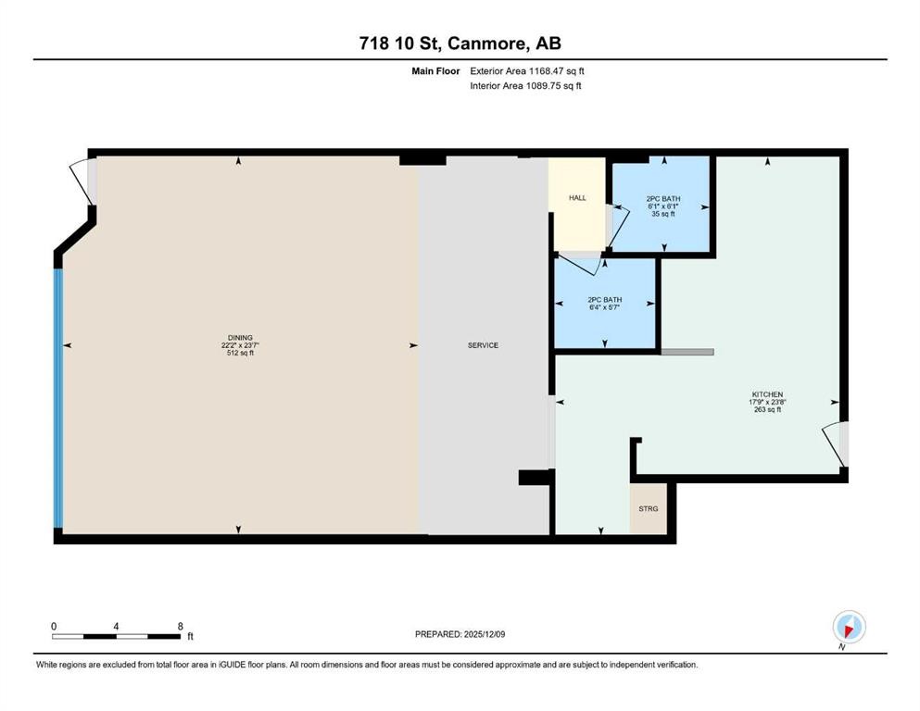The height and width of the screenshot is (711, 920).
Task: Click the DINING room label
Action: (240, 337)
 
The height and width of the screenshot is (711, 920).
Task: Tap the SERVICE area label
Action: (483, 345)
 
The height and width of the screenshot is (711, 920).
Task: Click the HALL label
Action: (577, 198)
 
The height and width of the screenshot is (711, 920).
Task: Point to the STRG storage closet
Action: (648, 509)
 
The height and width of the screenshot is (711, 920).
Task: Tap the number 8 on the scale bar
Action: (179, 626)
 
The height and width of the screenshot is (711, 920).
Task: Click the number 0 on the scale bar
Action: (55, 626)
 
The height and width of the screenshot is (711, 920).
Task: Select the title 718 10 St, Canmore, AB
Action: (460, 44)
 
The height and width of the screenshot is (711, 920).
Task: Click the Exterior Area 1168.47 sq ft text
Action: (527, 70)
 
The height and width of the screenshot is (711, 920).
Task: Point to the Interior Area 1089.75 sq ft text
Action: (525, 85)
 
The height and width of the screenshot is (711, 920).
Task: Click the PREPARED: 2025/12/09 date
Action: (460, 634)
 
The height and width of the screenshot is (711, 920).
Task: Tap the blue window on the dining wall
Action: (59, 398)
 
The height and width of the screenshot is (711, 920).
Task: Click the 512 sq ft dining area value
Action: (240, 353)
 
